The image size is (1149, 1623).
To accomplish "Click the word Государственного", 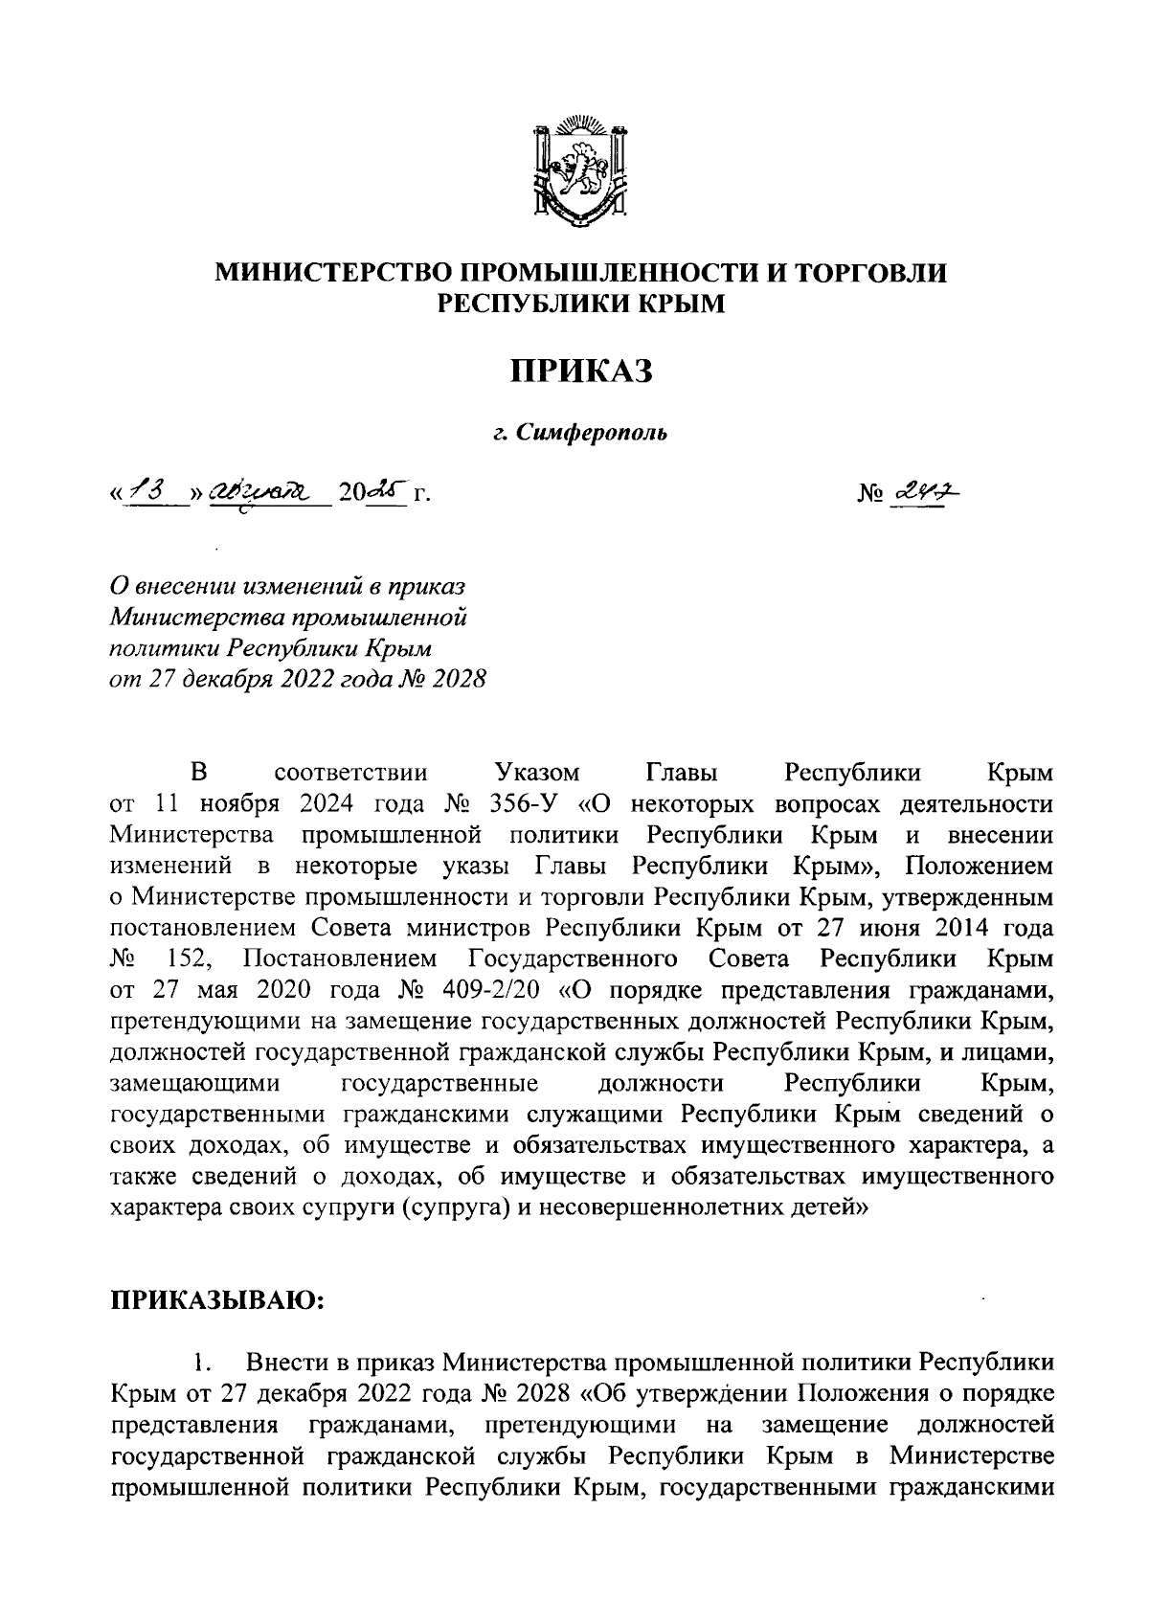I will tap(574, 958).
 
